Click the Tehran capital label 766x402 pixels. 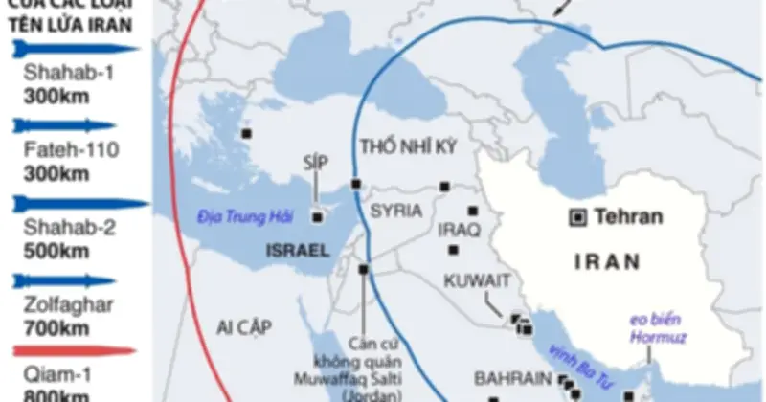pos(628,217)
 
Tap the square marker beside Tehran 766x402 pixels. pos(577,217)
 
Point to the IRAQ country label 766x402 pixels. pos(459,231)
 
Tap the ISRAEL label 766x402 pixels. pos(298,252)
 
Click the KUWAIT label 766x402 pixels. pos(482,280)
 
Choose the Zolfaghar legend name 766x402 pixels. pos(62,304)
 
